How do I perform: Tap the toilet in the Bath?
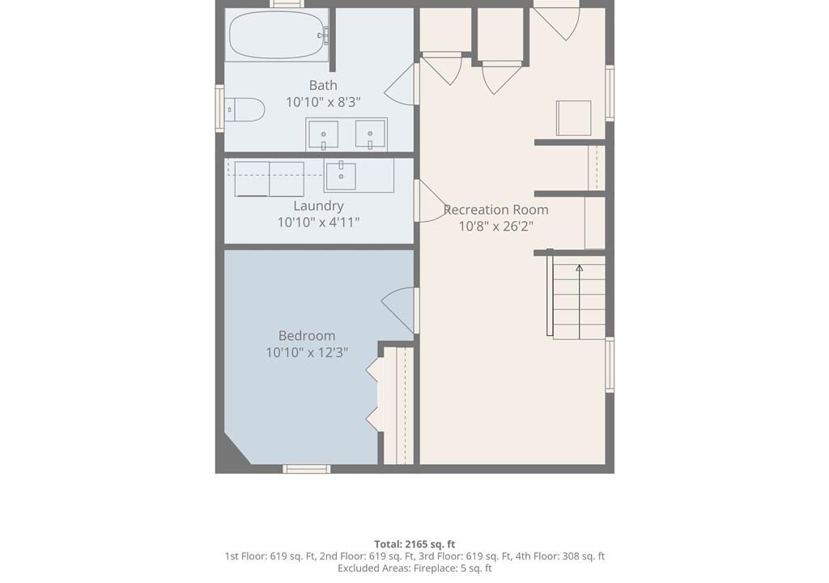244,109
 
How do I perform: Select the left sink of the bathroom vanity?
323,134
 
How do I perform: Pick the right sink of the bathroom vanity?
370,134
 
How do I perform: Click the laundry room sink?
341,177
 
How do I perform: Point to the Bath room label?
323,85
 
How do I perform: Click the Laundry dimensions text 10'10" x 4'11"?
318,222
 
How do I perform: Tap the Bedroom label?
307,335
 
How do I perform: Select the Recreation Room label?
496,210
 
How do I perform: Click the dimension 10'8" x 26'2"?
496,227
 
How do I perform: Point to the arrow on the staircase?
580,301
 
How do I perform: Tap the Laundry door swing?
431,201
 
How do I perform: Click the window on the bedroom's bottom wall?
307,469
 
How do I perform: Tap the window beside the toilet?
219,108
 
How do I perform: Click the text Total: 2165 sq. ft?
414,544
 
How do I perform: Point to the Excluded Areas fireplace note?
414,568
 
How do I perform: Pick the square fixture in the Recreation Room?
574,118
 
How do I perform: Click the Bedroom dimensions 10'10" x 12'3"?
307,352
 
